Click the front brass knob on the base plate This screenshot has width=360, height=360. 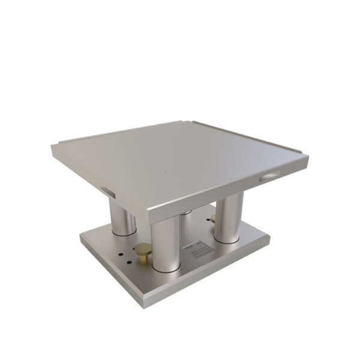click(x=143, y=251)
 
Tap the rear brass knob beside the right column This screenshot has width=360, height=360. click(x=212, y=219)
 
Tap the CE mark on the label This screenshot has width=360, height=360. click(x=201, y=242)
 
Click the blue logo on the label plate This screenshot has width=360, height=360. click(x=187, y=245)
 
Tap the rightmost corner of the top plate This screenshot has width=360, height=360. click(x=308, y=158)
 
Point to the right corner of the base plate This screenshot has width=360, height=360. click(x=269, y=238)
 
